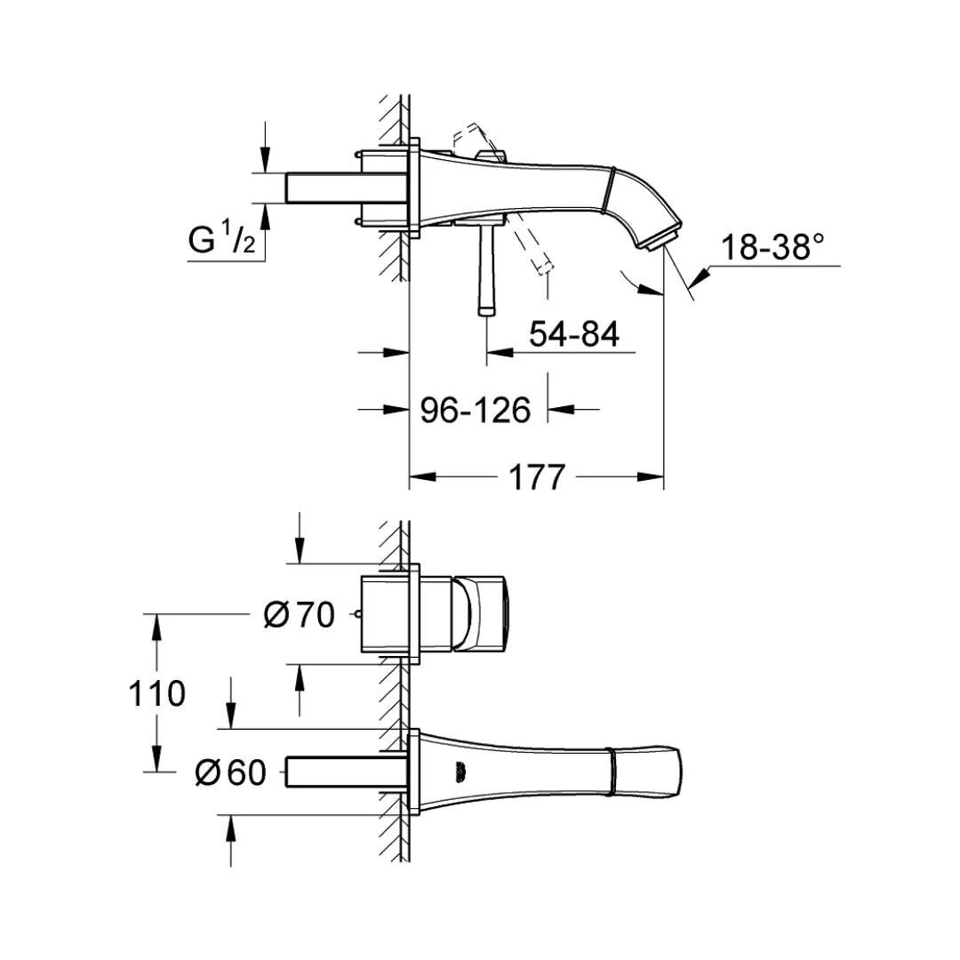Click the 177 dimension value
click(x=536, y=477)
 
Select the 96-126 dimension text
click(x=475, y=410)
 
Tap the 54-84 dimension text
click(x=573, y=335)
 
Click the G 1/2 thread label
click(x=221, y=238)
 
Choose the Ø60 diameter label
click(x=230, y=773)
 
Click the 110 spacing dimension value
click(x=156, y=693)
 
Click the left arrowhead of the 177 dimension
click(x=418, y=478)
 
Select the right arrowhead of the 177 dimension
click(x=656, y=478)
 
